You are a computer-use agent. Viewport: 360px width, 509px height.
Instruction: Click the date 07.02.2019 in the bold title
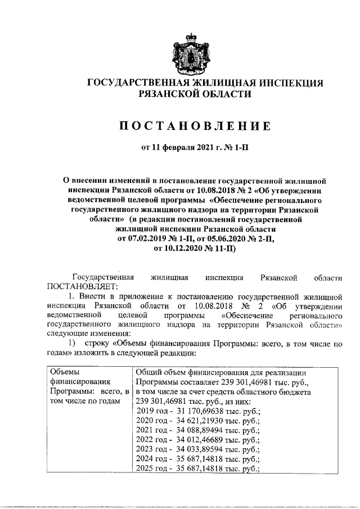click(x=147, y=238)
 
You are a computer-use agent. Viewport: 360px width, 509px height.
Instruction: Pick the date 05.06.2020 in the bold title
click(x=219, y=238)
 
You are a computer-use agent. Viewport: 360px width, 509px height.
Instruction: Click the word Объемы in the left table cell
click(x=65, y=372)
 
